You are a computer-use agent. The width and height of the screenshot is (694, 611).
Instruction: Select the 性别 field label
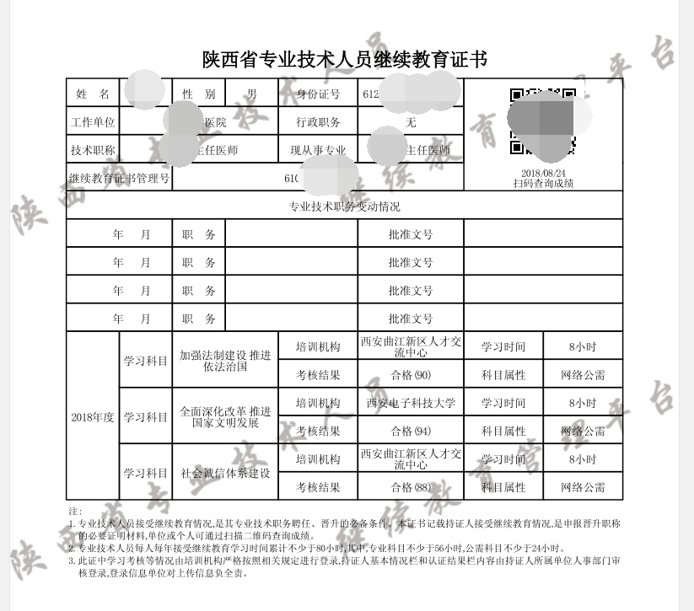(x=198, y=94)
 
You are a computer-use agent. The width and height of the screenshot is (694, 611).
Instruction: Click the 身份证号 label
(x=318, y=94)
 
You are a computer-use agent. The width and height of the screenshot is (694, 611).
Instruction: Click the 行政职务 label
(x=318, y=122)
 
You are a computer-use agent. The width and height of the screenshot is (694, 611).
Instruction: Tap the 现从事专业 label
(x=318, y=151)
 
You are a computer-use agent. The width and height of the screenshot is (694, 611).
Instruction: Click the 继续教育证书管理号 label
(x=119, y=179)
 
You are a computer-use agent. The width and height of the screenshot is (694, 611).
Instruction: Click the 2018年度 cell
(x=92, y=417)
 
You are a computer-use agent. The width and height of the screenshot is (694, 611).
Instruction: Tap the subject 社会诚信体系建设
(x=225, y=473)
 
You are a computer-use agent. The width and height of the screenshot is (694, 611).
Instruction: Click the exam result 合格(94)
(x=411, y=431)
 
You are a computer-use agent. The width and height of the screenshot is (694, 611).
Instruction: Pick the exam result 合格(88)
(x=411, y=487)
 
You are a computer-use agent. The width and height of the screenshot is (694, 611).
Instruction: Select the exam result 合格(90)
(x=411, y=375)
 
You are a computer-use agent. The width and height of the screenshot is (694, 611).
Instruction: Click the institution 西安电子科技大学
(x=411, y=403)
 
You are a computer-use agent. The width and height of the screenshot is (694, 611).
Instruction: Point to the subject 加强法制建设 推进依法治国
(x=225, y=361)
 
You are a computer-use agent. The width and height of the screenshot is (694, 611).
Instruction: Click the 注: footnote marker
(x=74, y=512)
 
